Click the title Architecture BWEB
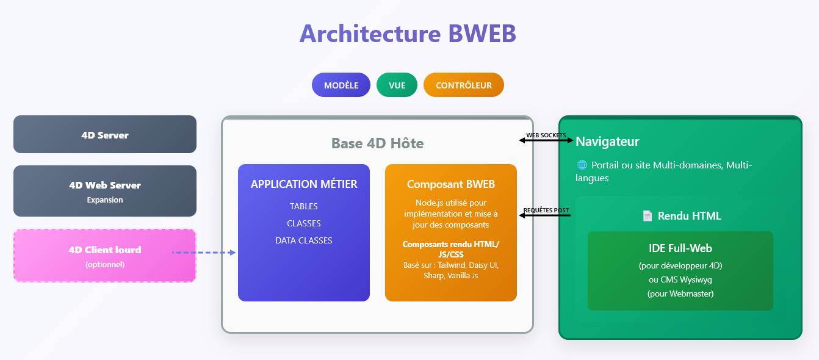[408, 34]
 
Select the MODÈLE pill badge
[341, 85]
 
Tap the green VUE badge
[397, 85]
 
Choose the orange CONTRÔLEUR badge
[463, 85]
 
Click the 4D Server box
[105, 135]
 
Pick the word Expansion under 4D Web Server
[105, 200]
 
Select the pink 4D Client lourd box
[105, 255]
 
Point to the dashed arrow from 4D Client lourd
[204, 252]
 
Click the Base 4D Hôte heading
[377, 143]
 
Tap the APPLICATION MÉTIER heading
[304, 184]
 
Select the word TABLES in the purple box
[304, 206]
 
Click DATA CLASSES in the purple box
[304, 240]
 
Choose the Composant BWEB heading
[451, 184]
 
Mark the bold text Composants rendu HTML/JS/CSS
[451, 249]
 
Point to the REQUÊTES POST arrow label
[546, 210]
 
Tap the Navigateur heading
[607, 142]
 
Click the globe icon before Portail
[582, 165]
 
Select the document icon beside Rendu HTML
[648, 216]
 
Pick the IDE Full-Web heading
[680, 248]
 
